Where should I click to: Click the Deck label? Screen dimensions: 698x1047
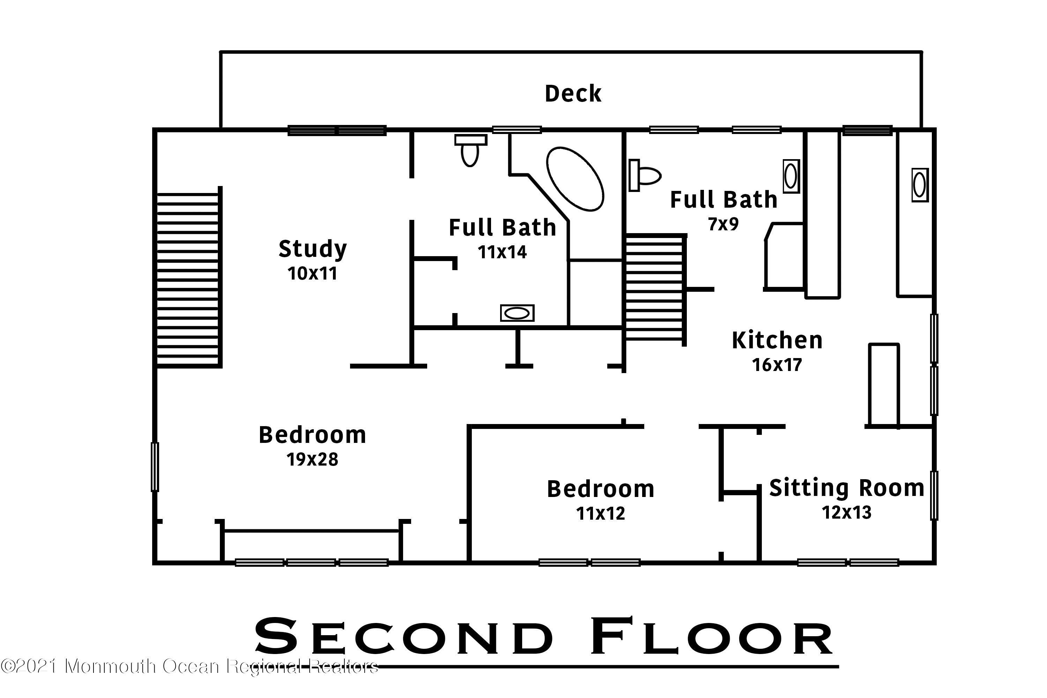pos(573,94)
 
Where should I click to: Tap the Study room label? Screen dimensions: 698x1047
pos(312,249)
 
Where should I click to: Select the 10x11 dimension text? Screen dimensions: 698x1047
pos(312,274)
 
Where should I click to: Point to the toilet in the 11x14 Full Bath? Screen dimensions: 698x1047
pos(470,150)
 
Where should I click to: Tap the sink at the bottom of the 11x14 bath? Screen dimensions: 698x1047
pos(517,313)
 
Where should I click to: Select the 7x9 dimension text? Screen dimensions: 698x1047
pos(723,224)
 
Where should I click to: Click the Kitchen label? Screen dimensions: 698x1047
pos(777,341)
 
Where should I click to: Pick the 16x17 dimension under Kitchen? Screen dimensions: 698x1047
pos(777,365)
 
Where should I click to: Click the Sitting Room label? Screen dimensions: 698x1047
pos(847,488)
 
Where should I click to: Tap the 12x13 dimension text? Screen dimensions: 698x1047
pos(847,512)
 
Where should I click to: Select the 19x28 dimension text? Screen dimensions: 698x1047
pos(312,459)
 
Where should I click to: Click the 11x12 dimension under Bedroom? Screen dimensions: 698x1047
pos(601,513)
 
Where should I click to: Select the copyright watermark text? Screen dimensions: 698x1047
pos(189,666)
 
